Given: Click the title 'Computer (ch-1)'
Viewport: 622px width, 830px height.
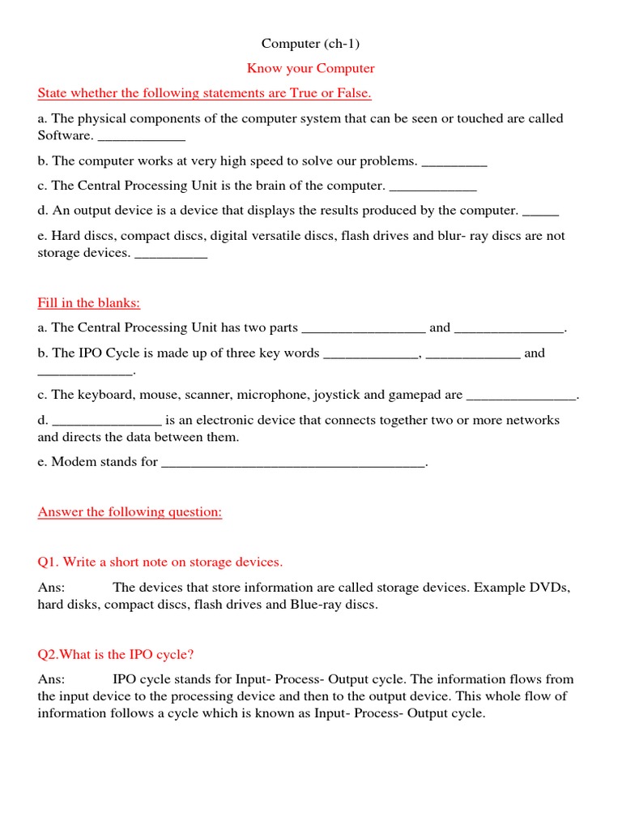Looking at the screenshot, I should (310, 43).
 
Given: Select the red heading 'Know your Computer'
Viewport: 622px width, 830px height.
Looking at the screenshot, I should (310, 68).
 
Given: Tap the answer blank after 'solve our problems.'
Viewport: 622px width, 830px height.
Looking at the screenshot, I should (454, 161).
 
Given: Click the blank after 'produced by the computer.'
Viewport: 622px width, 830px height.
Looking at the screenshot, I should (540, 211).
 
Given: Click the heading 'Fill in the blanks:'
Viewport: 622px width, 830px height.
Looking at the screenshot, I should (89, 303).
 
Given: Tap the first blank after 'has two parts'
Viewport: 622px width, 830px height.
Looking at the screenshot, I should (363, 328).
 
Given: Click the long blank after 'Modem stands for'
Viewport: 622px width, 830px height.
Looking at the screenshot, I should (293, 463).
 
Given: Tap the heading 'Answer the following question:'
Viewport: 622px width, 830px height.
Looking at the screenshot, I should (130, 512).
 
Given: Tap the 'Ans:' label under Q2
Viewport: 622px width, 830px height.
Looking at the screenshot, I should (51, 680).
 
